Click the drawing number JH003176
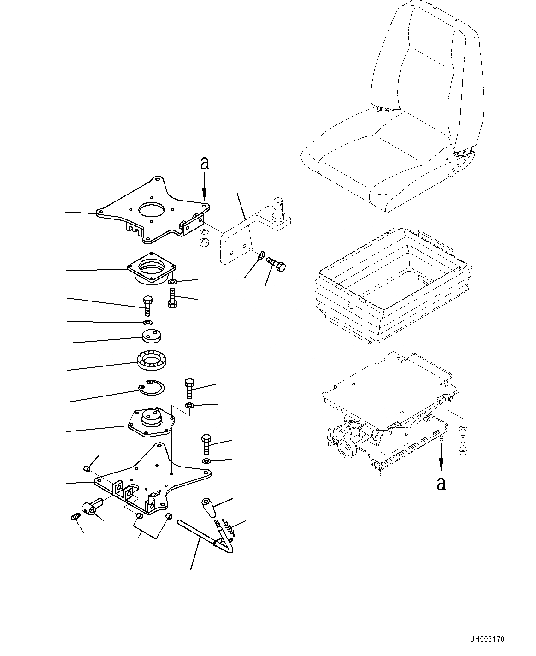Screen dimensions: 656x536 (x=487, y=639)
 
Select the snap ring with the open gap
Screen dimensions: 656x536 (x=151, y=388)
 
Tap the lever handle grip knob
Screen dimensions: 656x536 (x=207, y=508)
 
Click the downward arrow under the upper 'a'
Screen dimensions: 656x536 (x=204, y=188)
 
